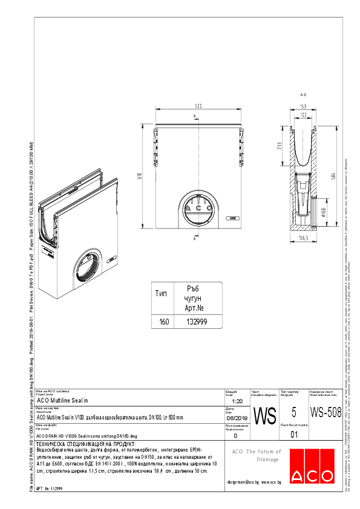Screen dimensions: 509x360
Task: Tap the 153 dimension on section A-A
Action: point(303,106)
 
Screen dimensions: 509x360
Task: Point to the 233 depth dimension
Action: point(279,146)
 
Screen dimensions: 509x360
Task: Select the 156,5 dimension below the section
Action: point(302,238)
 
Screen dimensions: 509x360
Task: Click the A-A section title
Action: point(303,95)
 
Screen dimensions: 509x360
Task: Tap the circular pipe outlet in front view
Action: point(197,212)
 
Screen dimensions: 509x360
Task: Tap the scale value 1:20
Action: point(237,401)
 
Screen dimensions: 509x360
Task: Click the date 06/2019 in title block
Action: point(237,417)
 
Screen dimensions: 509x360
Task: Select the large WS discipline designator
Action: point(264,417)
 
